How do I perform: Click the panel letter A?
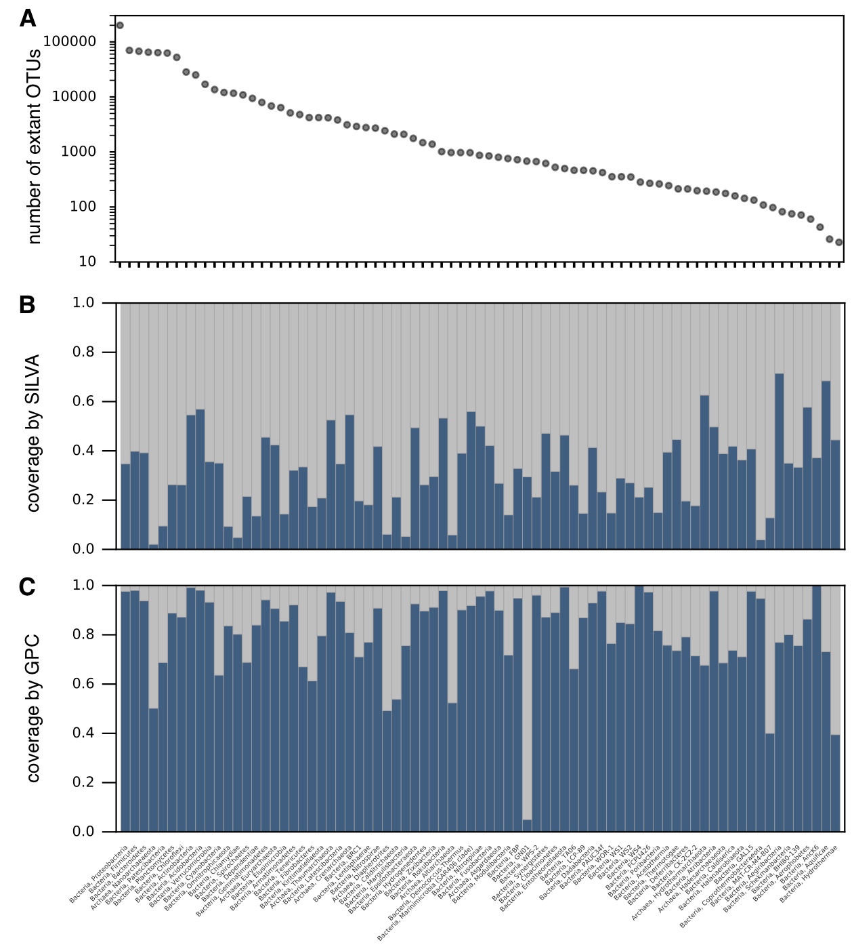[28, 18]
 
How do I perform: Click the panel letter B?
[27, 305]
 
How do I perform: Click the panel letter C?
[27, 587]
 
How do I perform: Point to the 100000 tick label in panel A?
[70, 42]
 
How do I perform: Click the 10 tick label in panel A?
[87, 262]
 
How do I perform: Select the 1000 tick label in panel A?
[79, 152]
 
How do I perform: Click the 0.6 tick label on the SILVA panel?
[84, 402]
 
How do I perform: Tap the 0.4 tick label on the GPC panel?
[84, 733]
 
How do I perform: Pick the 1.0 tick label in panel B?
[84, 303]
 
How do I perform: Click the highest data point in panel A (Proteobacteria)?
[120, 26]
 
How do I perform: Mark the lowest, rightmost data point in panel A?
[839, 242]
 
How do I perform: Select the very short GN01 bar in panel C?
[527, 826]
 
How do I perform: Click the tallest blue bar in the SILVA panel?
[779, 461]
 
